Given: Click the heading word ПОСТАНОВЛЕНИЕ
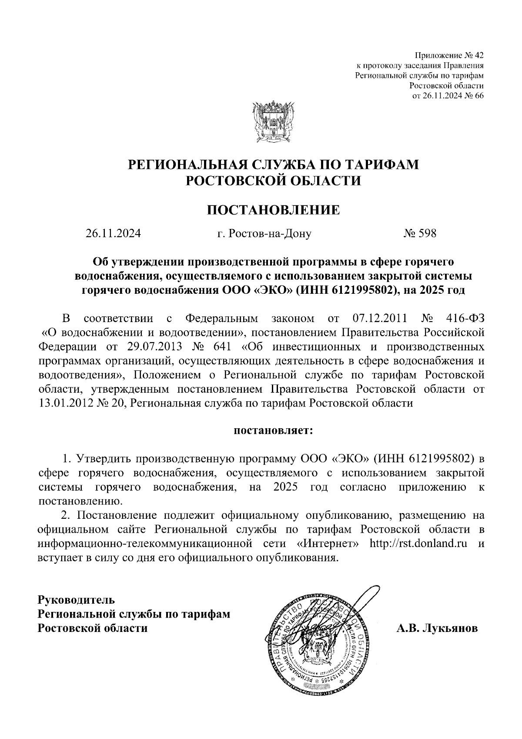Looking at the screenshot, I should [273, 210].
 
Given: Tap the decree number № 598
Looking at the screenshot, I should [420, 234].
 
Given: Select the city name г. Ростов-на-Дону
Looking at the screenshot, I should [264, 234].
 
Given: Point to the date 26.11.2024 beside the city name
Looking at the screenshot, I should [113, 234].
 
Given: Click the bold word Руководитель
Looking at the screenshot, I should [77, 600].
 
